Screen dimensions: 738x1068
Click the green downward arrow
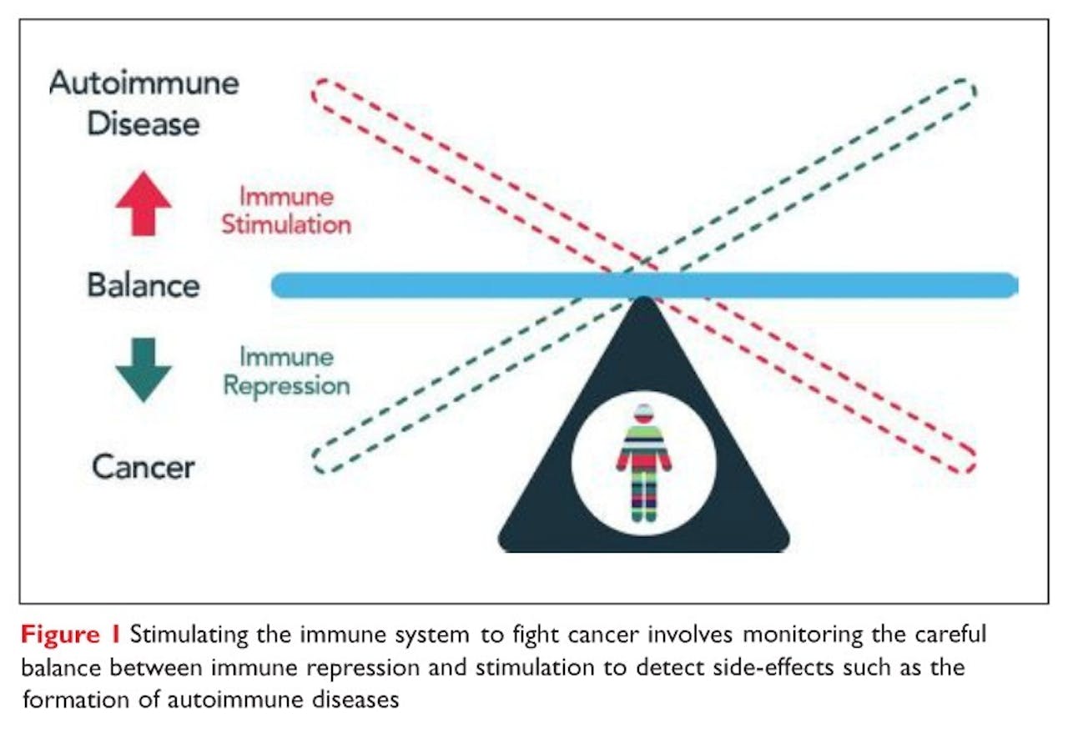[x=144, y=368]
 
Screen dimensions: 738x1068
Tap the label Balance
[x=144, y=286]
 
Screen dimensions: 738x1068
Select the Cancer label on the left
[x=143, y=466]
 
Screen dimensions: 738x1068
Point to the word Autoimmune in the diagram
[x=144, y=83]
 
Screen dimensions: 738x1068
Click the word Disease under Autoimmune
[x=144, y=123]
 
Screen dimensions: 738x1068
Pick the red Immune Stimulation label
[x=286, y=210]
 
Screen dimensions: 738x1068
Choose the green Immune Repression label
[x=286, y=371]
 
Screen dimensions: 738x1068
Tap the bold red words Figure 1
[x=72, y=635]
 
